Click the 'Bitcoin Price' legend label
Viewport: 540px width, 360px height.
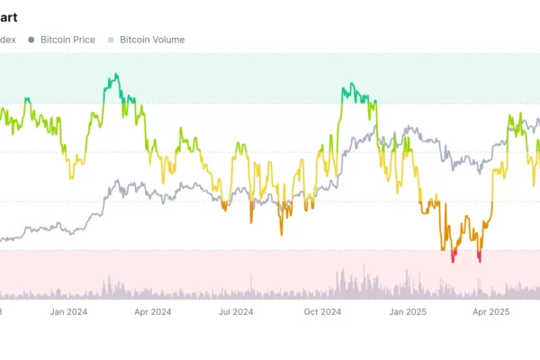(67, 40)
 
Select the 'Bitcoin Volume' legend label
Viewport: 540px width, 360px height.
(152, 40)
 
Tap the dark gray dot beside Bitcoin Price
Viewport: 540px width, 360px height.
(31, 40)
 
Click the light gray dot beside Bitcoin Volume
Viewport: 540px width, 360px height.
(112, 40)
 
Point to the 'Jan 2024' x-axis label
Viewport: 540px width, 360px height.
(68, 312)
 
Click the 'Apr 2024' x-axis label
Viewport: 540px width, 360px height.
(152, 312)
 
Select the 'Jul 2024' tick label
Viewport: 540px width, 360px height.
(236, 312)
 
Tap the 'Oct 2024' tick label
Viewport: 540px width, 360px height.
(322, 312)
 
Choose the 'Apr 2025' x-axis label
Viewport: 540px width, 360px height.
(492, 312)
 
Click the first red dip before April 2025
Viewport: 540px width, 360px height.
(454, 258)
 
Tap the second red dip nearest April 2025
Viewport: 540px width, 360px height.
(480, 259)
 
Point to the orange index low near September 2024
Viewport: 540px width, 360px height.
(281, 232)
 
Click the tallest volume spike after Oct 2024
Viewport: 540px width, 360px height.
(363, 266)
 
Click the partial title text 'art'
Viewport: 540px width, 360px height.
(9, 17)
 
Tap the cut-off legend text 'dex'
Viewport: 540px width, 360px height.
(8, 40)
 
